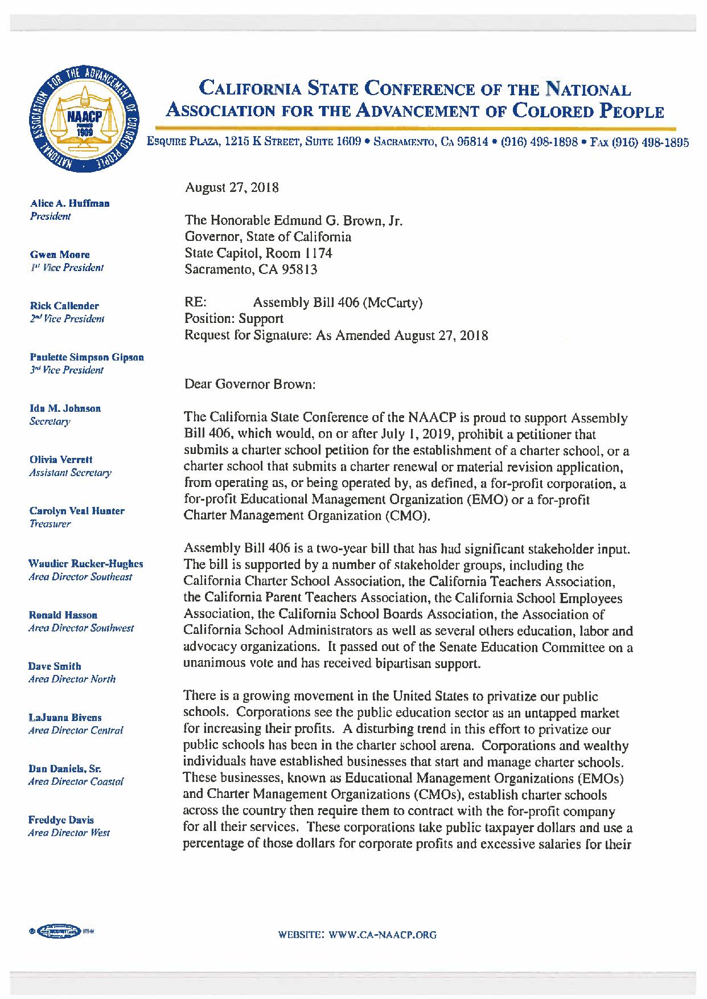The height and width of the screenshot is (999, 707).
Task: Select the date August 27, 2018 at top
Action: coord(232,187)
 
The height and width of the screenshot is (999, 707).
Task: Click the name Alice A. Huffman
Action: coord(69,203)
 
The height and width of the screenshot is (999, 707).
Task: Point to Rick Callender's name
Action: coord(64,306)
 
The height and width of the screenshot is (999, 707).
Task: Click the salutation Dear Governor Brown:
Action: coord(250,384)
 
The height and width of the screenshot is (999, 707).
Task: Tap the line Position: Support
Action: coord(233,319)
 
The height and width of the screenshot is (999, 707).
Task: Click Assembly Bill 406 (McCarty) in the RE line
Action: coord(338,302)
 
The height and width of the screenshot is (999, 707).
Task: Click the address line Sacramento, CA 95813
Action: coord(250,269)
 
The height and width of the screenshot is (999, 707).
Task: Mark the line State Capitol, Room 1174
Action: coord(258,253)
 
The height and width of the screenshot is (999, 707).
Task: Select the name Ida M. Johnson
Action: coord(65,408)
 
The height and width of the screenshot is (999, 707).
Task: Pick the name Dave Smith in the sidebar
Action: coord(55,666)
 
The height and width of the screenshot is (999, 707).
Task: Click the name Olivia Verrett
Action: coord(60,460)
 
